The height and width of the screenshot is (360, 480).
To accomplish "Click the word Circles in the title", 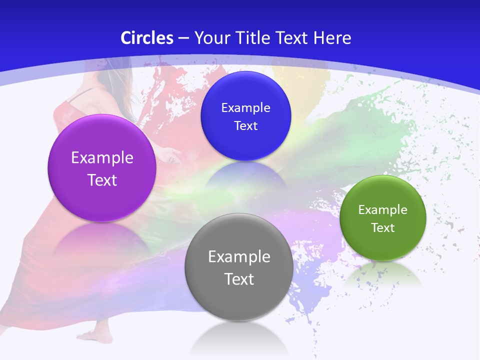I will click(147, 38).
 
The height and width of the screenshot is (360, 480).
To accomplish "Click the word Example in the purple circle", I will click(102, 158).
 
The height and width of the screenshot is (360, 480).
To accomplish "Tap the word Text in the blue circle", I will click(245, 125).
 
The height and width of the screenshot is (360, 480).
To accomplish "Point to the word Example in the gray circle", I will click(238, 257).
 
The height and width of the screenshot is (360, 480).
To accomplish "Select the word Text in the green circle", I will click(382, 228).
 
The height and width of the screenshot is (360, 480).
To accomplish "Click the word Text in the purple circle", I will click(102, 180).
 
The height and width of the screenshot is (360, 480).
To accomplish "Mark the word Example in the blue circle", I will click(245, 107).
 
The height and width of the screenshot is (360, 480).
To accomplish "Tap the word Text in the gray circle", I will click(238, 279).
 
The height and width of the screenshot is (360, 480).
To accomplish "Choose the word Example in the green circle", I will click(382, 210).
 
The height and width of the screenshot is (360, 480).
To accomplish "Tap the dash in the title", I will click(183, 38).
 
